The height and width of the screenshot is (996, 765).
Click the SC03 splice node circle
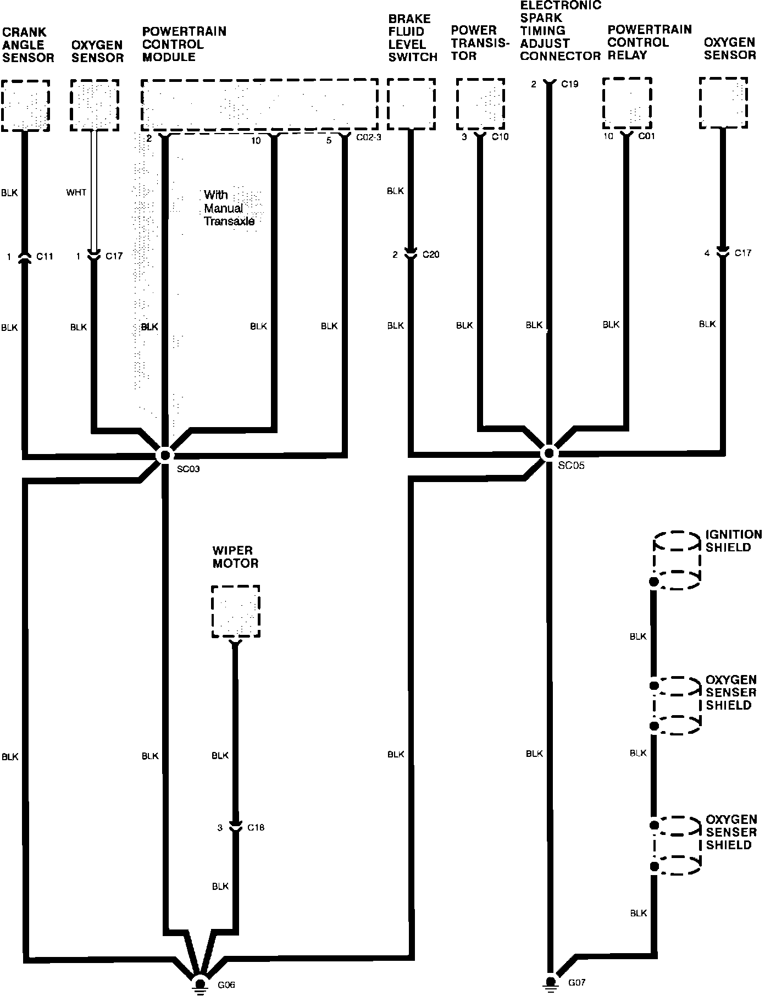[x=164, y=455]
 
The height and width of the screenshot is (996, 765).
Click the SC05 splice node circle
[x=548, y=453]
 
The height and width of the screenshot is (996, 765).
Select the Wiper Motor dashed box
[x=236, y=612]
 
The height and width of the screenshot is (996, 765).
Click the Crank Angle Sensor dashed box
[x=25, y=106]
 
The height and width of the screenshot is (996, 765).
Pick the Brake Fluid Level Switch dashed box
[x=412, y=104]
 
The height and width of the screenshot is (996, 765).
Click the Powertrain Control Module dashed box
[x=259, y=106]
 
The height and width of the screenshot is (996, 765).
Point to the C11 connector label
[x=45, y=256]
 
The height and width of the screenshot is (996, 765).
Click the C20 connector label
[x=431, y=254]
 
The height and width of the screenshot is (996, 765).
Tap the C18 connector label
[x=256, y=827]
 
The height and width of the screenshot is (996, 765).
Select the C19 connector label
[x=570, y=84]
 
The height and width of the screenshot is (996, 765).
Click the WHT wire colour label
[x=76, y=192]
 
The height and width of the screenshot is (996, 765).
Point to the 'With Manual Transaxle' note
[x=229, y=208]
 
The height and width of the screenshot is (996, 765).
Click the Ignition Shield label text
[x=734, y=541]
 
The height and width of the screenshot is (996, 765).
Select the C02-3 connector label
[x=368, y=137]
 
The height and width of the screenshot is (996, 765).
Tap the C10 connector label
[x=500, y=137]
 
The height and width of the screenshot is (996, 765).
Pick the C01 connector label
[x=646, y=136]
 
